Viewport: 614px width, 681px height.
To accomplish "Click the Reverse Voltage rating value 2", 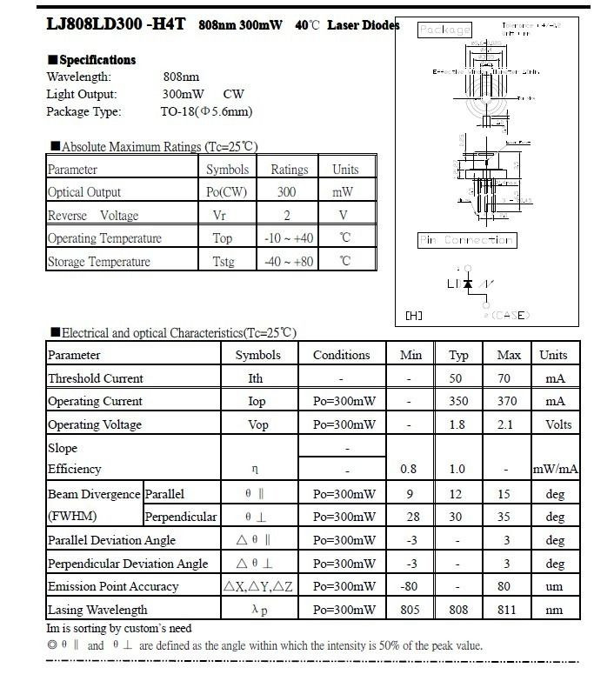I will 287,216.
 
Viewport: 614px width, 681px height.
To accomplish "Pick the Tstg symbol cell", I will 224,262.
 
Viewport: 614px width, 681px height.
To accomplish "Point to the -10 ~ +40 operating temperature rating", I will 289,238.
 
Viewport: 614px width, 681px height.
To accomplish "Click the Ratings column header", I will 289,170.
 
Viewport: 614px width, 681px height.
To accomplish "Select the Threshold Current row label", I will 96,378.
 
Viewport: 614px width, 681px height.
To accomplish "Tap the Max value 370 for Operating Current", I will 508,401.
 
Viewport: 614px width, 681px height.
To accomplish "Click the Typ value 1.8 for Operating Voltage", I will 458,424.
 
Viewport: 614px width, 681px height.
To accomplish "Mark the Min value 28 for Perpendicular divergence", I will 409,517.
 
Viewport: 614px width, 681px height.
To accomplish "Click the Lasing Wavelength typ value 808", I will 458,610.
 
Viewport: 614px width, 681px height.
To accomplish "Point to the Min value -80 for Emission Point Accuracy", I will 409,586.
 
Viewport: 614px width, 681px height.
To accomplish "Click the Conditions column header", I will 341,355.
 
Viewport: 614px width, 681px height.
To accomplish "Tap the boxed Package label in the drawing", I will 444,30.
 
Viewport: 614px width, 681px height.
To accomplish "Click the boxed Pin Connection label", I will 466,240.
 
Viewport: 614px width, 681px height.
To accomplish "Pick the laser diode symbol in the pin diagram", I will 468,284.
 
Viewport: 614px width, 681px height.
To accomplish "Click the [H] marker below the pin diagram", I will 414,316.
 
